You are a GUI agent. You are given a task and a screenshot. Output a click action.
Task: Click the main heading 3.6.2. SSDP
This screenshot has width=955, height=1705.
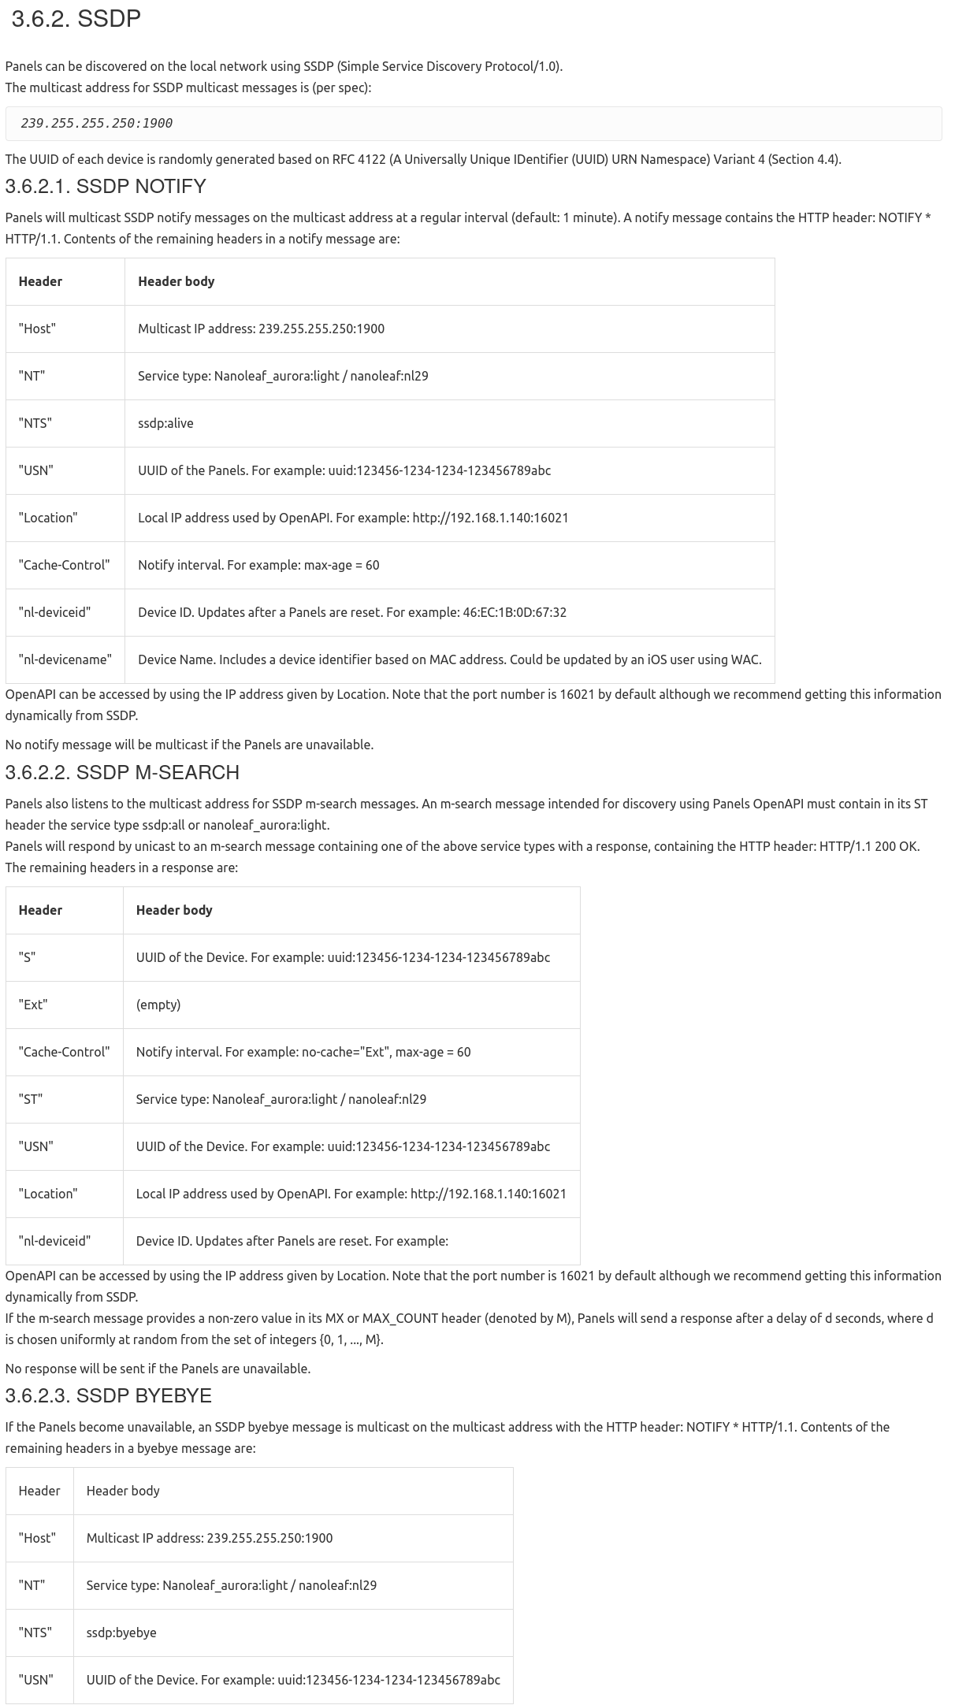click(76, 19)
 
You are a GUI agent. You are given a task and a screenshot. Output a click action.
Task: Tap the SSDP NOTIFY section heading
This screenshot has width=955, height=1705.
click(106, 187)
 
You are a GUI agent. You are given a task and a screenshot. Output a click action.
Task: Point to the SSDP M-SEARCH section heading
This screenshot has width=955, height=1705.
click(122, 773)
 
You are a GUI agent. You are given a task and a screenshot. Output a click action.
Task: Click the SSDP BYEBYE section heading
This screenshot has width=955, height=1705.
click(108, 1396)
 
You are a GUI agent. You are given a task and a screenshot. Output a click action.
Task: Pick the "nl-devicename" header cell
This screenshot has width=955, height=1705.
click(65, 659)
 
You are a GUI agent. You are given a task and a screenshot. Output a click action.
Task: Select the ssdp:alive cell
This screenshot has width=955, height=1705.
click(165, 423)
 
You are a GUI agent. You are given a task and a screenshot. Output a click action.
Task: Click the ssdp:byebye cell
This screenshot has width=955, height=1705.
click(121, 1633)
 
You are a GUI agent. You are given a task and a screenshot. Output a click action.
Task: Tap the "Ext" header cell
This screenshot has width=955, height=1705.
click(33, 1005)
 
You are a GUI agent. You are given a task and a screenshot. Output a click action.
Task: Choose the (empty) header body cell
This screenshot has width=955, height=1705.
click(158, 1005)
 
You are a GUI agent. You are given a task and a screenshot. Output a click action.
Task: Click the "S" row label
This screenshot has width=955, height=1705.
click(27, 957)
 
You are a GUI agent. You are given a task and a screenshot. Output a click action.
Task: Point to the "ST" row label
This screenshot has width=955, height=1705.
click(31, 1099)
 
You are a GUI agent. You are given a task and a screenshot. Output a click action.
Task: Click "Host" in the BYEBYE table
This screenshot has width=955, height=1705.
click(37, 1538)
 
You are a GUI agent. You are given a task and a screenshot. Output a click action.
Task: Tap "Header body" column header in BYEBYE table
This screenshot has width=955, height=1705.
click(123, 1491)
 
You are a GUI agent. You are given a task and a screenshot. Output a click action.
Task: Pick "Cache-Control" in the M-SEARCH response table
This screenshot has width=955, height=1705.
click(64, 1052)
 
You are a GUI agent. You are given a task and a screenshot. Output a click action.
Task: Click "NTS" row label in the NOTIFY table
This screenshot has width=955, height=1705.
click(35, 423)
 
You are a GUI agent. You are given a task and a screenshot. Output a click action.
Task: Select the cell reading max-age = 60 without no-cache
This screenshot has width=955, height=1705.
click(258, 565)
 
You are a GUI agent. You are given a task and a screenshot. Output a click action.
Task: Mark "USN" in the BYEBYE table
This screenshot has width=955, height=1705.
click(36, 1680)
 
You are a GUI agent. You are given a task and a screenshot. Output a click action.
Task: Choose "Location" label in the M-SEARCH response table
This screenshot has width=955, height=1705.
click(48, 1194)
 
